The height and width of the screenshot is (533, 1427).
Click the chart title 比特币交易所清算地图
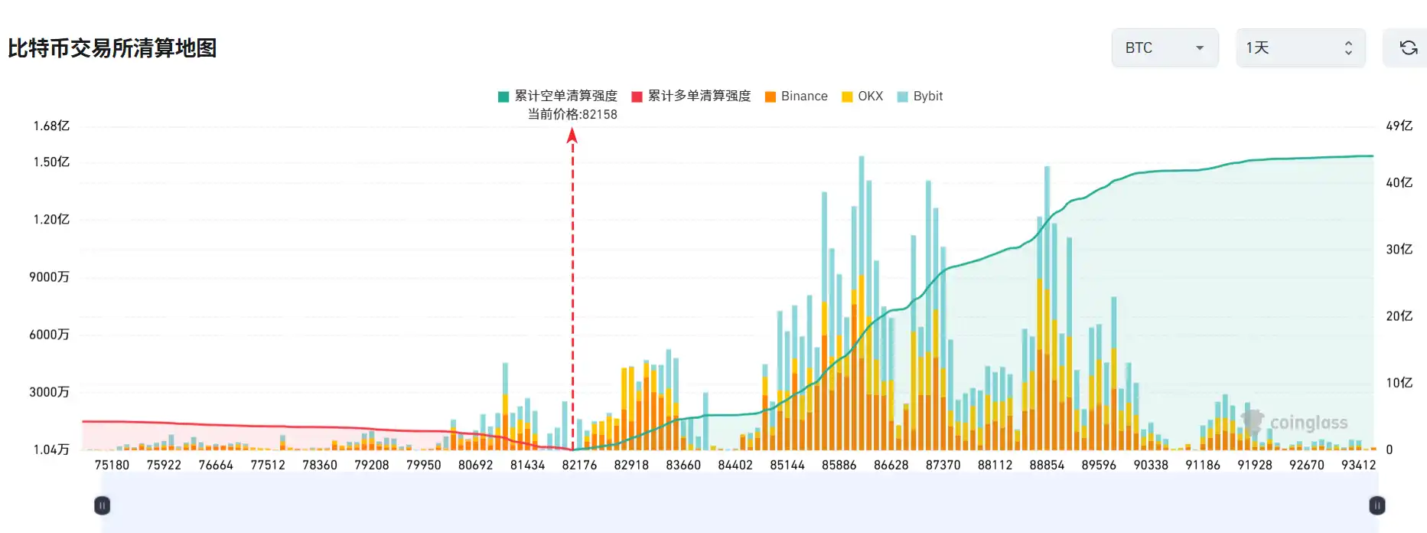[112, 48]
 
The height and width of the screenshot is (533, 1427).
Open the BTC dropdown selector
[1164, 48]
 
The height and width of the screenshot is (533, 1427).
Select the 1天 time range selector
[1300, 48]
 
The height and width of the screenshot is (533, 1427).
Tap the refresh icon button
[1408, 48]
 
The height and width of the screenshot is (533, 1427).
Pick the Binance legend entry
[797, 96]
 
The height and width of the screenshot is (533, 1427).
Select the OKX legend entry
[862, 96]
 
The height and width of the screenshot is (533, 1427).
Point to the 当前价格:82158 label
[572, 114]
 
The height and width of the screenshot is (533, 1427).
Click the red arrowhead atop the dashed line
[572, 136]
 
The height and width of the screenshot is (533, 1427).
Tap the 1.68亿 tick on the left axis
[51, 126]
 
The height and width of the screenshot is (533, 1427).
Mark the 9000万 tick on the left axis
[50, 276]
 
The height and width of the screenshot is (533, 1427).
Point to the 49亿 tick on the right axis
[1399, 126]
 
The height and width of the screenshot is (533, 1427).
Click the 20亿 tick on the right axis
[1399, 316]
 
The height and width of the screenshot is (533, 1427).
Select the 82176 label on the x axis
[579, 465]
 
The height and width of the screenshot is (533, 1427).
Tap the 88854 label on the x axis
[1047, 465]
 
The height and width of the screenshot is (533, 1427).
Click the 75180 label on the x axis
[112, 465]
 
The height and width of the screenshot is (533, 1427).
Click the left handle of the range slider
[102, 505]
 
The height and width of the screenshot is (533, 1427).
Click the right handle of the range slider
[1377, 505]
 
